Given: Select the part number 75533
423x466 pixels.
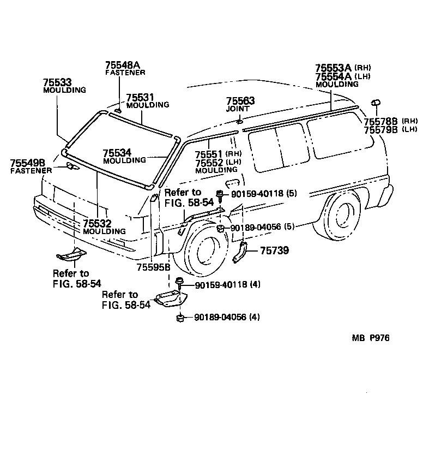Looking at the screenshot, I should (x=57, y=82).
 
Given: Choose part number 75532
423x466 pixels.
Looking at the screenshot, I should (x=97, y=224).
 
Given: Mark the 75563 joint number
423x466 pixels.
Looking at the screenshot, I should (x=240, y=101).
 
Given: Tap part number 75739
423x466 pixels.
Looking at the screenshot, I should (x=274, y=250).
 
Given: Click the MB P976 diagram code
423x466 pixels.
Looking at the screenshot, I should (x=370, y=338).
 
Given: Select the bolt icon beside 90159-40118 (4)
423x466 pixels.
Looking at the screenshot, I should (x=179, y=282).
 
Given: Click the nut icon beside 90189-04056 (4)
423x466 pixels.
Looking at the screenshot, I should (x=180, y=317).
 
